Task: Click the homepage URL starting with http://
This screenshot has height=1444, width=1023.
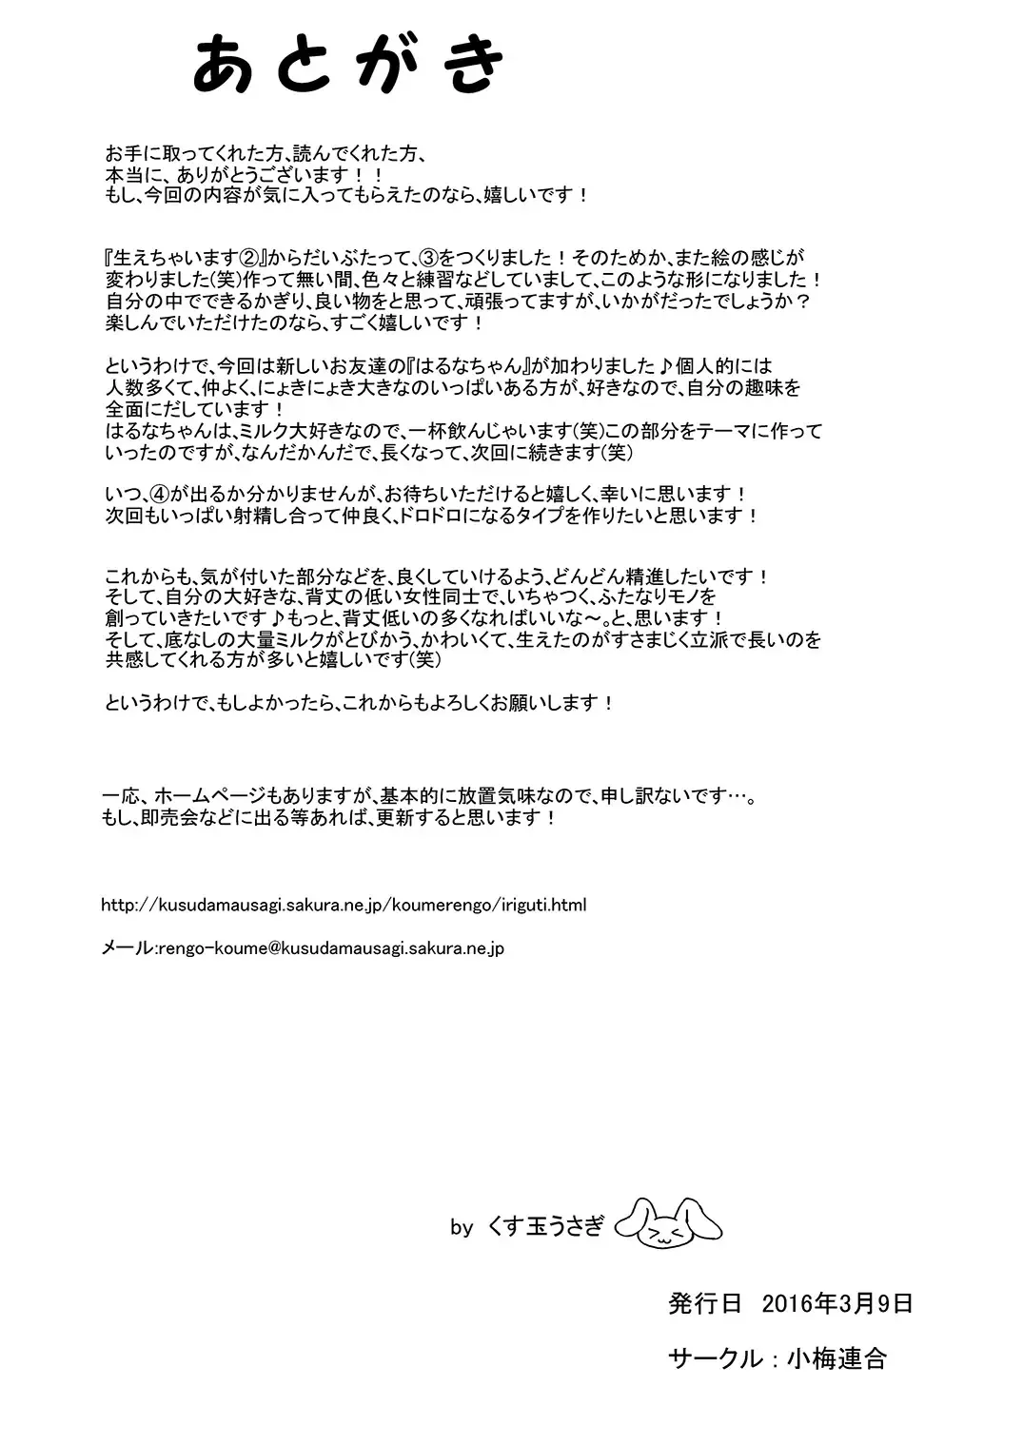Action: tap(343, 905)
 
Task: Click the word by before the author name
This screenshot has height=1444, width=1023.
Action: tap(462, 1228)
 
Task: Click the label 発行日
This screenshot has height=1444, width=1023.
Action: tap(705, 1303)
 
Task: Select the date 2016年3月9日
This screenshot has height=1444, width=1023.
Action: tap(837, 1303)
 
